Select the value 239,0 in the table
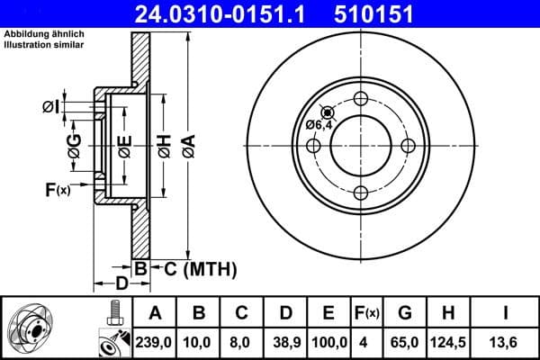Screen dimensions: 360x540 click(156, 343)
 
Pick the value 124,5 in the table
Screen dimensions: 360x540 click(448, 343)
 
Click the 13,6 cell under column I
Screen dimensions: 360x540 click(506, 343)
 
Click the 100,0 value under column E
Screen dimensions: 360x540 click(328, 343)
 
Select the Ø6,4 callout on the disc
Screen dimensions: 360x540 click(318, 125)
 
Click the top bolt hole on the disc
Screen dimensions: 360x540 click(361, 99)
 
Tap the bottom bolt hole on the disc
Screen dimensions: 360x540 click(361, 192)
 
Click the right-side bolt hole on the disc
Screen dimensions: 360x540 click(407, 146)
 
